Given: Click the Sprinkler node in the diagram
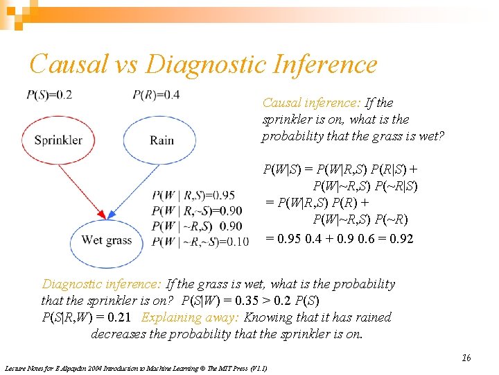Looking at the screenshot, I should (58, 140).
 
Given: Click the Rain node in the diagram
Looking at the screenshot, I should (161, 140).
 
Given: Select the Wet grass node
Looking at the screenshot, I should (106, 241).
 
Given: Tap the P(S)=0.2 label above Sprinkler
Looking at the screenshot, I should (49, 95).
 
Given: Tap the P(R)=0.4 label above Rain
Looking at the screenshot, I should (156, 95).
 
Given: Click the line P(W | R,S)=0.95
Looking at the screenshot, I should (198, 196).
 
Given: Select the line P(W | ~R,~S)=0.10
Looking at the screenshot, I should (200, 242).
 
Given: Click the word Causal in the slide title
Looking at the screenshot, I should (69, 65).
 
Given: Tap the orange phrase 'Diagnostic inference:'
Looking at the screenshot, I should (103, 284).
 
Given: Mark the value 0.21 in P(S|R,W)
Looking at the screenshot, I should (119, 317).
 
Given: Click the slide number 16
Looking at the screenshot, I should (466, 358).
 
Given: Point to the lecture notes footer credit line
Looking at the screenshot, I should (136, 368).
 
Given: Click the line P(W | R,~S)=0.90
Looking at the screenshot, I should (198, 211).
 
